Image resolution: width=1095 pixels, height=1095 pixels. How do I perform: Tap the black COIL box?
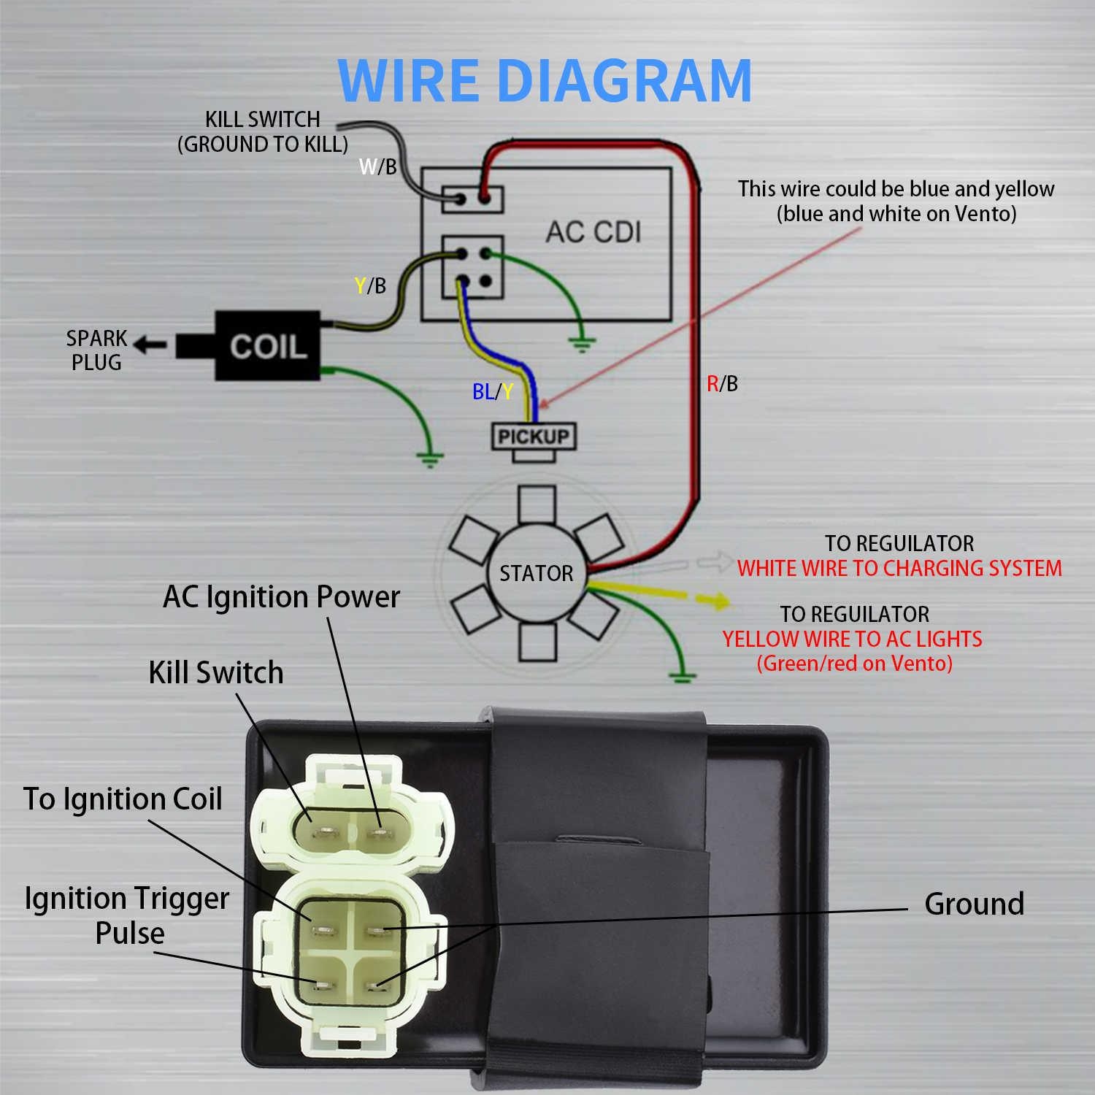[267, 346]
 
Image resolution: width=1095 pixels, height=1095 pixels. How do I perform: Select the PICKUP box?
[534, 437]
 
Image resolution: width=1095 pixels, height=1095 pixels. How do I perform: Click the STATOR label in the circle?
[536, 574]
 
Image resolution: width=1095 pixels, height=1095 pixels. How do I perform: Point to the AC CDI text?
[593, 232]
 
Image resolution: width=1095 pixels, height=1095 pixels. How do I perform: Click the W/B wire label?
[377, 167]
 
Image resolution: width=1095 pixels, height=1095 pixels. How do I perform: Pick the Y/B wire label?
[370, 285]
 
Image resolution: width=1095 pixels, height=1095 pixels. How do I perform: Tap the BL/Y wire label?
[493, 392]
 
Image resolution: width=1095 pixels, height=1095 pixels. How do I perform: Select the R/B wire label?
[722, 383]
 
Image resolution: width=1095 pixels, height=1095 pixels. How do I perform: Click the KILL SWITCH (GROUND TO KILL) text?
[263, 131]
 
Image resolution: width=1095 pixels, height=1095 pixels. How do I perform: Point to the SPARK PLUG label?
[96, 350]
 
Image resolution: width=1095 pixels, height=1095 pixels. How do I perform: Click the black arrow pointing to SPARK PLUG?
[151, 344]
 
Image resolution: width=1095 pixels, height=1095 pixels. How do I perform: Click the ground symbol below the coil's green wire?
[429, 459]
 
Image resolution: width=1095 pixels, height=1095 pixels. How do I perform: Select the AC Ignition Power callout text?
[281, 597]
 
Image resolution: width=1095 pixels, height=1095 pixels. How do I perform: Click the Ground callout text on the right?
[974, 904]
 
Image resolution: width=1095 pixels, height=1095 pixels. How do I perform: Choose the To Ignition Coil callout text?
[123, 799]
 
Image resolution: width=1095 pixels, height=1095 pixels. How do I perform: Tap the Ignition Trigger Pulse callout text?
[127, 915]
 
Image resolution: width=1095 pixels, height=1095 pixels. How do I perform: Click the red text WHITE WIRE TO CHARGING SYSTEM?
[899, 568]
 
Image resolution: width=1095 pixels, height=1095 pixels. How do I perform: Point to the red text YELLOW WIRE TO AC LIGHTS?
[852, 639]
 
